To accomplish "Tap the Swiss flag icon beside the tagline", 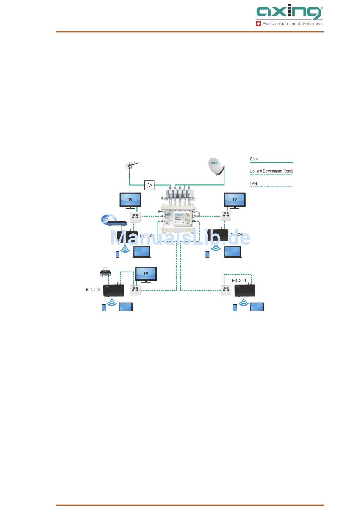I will coord(258,23).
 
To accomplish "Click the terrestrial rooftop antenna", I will coord(131,166).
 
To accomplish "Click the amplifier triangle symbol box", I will coord(149,185).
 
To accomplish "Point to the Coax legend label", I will coord(254,159).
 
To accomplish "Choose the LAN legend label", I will coord(253,184).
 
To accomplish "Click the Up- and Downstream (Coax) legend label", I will coord(271,171).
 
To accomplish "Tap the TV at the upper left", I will coord(130,200).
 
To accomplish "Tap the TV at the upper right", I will coord(235,200).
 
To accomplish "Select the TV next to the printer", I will coord(146,275).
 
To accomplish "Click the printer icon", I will coord(105,272).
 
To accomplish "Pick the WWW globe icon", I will coord(105,219).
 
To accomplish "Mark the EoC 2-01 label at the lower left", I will coord(93,290).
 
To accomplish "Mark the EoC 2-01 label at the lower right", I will coord(239,281).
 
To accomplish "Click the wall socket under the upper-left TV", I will coord(135,217).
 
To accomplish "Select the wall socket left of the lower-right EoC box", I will coord(226,290).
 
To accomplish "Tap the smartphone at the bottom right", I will coord(235,307).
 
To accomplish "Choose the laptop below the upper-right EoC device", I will coord(233,252).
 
